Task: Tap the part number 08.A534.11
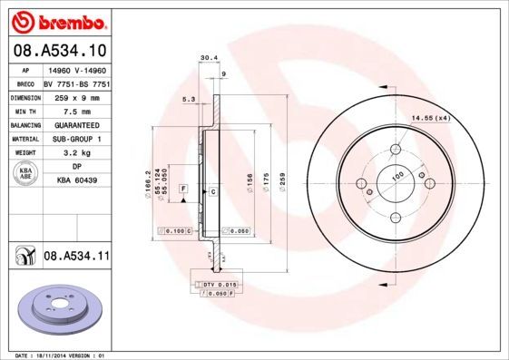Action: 76,258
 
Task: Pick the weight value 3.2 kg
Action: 76,153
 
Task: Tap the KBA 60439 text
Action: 76,181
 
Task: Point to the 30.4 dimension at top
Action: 208,57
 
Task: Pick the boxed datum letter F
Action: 184,188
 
